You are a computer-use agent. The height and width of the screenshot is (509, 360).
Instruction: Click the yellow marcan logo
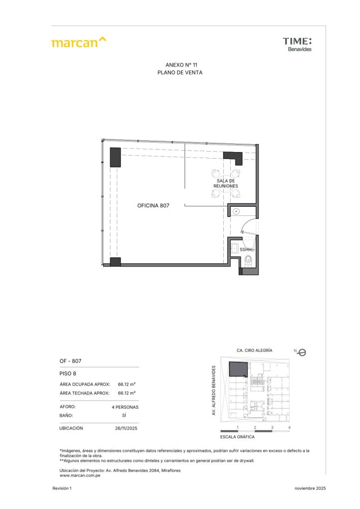click(x=79, y=42)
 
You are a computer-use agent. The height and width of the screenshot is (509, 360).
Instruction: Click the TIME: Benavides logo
click(x=297, y=44)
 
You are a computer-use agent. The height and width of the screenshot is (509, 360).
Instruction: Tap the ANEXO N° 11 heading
click(x=181, y=65)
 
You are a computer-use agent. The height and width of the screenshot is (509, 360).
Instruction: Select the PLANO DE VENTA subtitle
click(x=180, y=73)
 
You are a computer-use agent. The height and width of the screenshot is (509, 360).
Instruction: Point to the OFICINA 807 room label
click(x=153, y=205)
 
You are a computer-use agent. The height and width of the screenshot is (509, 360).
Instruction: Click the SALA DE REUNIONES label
click(x=226, y=183)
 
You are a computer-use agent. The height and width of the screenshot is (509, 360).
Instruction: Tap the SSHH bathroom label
click(x=246, y=250)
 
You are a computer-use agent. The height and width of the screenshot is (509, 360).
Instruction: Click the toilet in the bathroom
click(x=248, y=260)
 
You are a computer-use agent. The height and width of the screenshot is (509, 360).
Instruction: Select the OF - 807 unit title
click(x=71, y=361)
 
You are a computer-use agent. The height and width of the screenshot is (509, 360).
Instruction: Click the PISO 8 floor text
click(x=68, y=374)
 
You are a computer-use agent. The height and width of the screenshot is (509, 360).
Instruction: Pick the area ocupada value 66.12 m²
click(x=127, y=384)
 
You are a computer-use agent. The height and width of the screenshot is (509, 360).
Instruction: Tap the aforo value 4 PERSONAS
click(x=125, y=407)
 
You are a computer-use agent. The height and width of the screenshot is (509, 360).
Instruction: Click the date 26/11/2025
click(x=126, y=428)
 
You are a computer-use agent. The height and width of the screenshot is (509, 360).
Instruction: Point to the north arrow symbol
click(x=301, y=352)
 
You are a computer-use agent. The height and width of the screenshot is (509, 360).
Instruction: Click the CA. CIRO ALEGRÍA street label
click(x=255, y=350)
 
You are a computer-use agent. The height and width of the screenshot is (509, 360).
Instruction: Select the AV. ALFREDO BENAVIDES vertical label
click(x=214, y=390)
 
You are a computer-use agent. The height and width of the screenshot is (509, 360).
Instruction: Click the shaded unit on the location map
click(x=238, y=369)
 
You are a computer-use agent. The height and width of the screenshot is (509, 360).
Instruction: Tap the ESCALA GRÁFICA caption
click(x=237, y=437)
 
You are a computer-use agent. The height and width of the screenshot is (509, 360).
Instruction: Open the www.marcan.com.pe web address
click(x=80, y=476)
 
